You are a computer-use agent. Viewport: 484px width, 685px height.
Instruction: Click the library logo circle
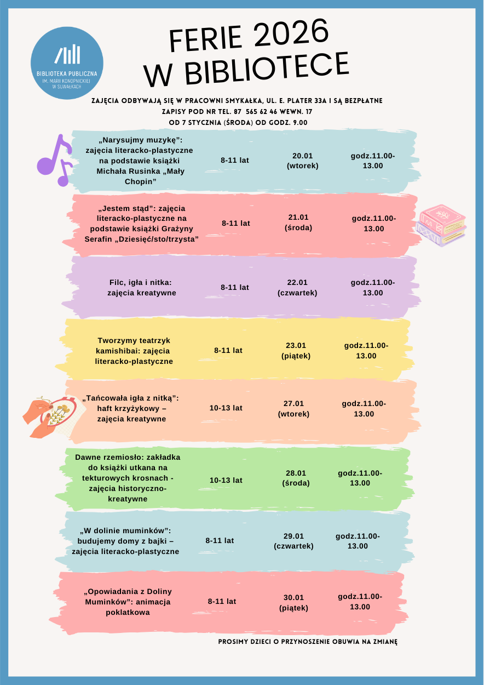click(x=67, y=62)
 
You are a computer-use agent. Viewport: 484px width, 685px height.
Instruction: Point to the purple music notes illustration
click(x=55, y=159)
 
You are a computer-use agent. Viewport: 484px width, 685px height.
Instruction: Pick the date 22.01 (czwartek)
click(x=297, y=288)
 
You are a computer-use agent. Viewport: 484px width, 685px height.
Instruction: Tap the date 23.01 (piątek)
click(x=296, y=351)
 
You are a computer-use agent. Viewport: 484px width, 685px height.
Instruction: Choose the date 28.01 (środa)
click(x=296, y=478)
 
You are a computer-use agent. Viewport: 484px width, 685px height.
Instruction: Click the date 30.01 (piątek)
click(x=293, y=602)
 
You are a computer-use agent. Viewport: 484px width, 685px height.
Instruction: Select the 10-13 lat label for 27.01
click(x=226, y=408)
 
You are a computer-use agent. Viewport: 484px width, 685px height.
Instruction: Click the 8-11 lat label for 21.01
click(x=236, y=224)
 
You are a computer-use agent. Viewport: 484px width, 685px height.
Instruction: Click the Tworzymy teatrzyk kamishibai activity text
click(x=134, y=351)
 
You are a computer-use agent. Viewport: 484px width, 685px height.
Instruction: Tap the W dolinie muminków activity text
click(x=125, y=541)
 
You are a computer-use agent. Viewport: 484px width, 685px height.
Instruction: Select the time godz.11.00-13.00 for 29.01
click(x=358, y=541)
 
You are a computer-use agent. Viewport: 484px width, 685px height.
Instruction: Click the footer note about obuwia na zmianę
click(x=307, y=641)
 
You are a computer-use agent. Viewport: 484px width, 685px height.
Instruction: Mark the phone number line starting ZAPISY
click(x=237, y=112)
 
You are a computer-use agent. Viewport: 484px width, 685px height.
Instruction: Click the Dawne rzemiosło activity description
click(x=128, y=478)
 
